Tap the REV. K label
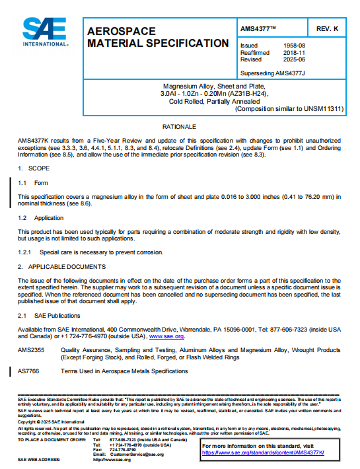(x=327, y=29)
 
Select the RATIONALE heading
(x=179, y=126)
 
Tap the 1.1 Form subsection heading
(x=33, y=183)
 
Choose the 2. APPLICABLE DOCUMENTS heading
(x=61, y=266)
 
